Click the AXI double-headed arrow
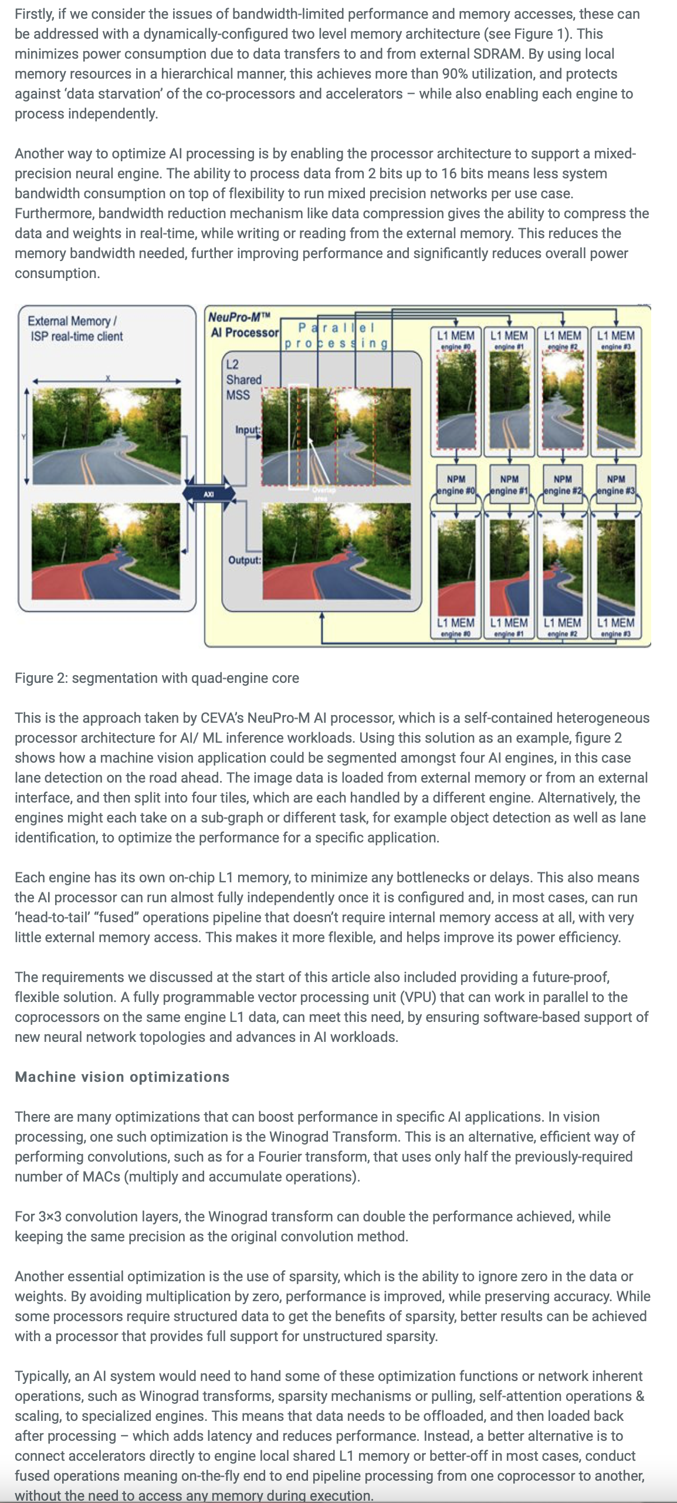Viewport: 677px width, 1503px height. click(x=209, y=494)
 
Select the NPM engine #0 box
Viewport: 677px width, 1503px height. click(x=456, y=485)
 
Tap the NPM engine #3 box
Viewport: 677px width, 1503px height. click(x=616, y=485)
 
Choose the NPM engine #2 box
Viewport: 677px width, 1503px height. click(x=563, y=485)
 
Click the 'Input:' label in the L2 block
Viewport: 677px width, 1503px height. click(x=247, y=430)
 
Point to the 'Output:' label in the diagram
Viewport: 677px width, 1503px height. click(x=244, y=560)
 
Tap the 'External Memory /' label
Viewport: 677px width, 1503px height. click(x=72, y=321)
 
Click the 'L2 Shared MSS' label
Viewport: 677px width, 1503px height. click(x=243, y=380)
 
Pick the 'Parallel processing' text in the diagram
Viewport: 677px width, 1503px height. click(x=336, y=336)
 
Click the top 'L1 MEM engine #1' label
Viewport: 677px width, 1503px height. click(x=509, y=339)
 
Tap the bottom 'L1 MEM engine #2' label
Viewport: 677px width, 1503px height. click(x=562, y=626)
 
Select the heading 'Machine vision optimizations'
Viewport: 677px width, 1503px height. click(x=122, y=1077)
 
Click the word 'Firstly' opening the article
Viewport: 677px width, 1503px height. click(x=34, y=14)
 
